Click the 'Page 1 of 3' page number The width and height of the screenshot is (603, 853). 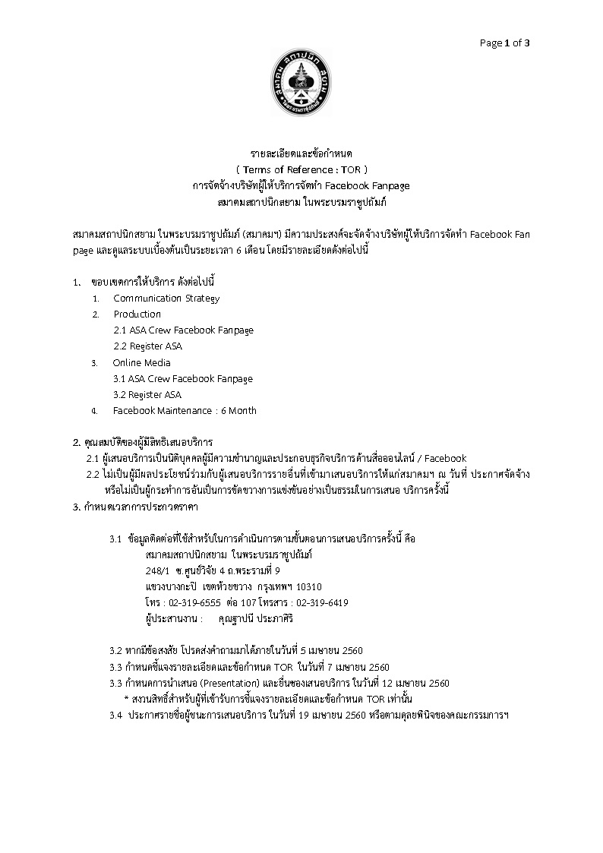coord(505,43)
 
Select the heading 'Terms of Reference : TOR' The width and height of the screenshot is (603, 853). coord(301,169)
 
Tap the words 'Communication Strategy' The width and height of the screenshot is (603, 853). coord(166,299)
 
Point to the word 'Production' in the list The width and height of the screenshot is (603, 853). coord(137,314)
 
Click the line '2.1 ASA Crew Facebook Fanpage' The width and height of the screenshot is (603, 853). coord(183,330)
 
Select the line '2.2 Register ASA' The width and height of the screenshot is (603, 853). coord(148,346)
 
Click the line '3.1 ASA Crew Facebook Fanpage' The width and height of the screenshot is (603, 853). coord(183,379)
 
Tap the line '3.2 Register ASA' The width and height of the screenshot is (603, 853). coord(147,395)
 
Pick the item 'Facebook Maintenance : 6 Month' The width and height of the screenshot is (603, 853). coord(185,411)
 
